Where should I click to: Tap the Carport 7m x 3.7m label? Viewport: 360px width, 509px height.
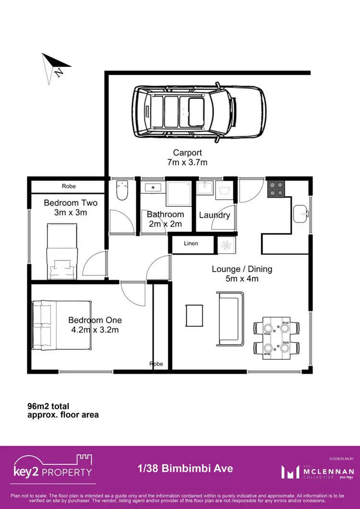(x=190, y=157)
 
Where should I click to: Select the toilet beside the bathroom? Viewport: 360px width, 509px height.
(x=122, y=191)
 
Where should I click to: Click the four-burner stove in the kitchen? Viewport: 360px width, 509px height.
(x=276, y=189)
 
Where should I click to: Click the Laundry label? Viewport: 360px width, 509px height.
(x=214, y=215)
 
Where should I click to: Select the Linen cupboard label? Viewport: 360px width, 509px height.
(x=191, y=244)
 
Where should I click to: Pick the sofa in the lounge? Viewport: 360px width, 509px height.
(x=228, y=319)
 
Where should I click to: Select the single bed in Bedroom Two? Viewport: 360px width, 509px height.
(x=62, y=252)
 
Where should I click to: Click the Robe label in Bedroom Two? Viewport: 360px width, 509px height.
(x=69, y=186)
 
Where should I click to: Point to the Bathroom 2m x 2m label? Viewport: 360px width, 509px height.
(x=165, y=219)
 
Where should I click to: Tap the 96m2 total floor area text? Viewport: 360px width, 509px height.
(x=63, y=410)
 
